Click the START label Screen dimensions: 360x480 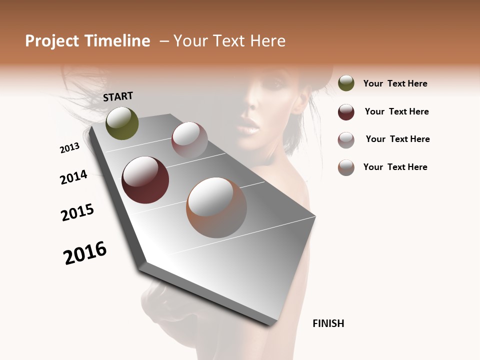click(118, 96)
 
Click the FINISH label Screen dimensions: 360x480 click(328, 323)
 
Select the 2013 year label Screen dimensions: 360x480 click(69, 148)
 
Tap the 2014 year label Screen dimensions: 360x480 click(73, 177)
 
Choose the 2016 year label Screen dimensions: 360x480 click(85, 253)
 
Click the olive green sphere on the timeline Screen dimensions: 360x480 click(122, 123)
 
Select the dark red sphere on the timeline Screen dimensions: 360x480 click(145, 180)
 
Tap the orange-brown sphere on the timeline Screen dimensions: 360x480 click(216, 207)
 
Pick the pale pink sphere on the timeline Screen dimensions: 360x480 click(189, 140)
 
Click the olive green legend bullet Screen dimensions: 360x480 click(346, 83)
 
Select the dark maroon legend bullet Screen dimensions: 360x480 click(346, 112)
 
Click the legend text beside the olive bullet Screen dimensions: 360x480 click(395, 83)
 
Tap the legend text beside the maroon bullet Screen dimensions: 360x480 click(396, 111)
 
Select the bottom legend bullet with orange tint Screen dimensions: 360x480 click(346, 167)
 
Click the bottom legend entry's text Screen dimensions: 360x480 click(395, 167)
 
